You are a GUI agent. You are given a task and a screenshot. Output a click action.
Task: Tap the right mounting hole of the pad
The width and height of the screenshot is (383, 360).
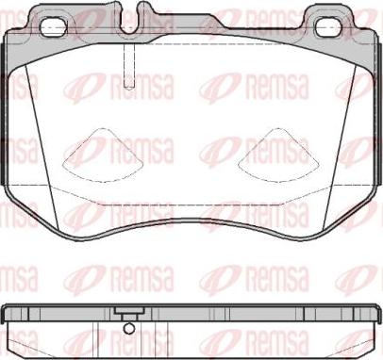(x=332, y=27)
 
